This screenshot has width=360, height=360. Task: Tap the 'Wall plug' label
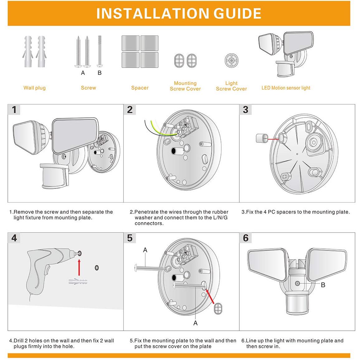point(35,88)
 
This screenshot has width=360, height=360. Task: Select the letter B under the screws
point(99,73)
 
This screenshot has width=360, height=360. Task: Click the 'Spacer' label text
point(140,88)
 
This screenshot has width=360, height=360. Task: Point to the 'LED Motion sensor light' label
point(286,88)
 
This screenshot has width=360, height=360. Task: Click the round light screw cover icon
point(231,60)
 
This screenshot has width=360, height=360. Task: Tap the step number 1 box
point(14,110)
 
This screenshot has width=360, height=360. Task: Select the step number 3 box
point(246,110)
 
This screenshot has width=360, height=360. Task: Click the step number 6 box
point(246,238)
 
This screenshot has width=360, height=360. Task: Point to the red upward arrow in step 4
point(79,267)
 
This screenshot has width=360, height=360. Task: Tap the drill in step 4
point(47,268)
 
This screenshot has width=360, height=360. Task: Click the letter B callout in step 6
point(323,285)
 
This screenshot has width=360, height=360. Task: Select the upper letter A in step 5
point(145,250)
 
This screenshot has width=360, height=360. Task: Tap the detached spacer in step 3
point(262,138)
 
